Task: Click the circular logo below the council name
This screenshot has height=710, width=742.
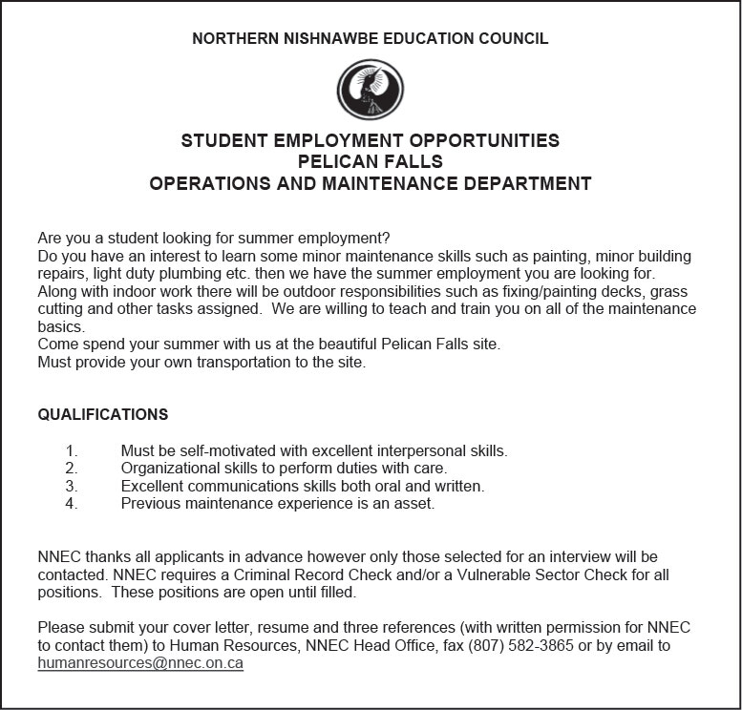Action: coord(371,90)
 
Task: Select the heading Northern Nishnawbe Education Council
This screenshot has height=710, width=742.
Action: coord(371,39)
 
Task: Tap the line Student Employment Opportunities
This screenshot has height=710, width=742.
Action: coord(371,141)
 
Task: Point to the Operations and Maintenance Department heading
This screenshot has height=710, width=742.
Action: coord(371,183)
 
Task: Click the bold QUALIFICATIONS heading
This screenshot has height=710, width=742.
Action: coord(103,414)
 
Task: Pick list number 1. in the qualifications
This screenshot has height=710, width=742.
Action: coord(71,450)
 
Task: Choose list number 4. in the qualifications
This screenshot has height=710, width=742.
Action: coord(71,503)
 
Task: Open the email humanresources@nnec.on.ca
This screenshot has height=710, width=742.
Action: coord(140,663)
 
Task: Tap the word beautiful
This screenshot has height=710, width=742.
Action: coord(344,344)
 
